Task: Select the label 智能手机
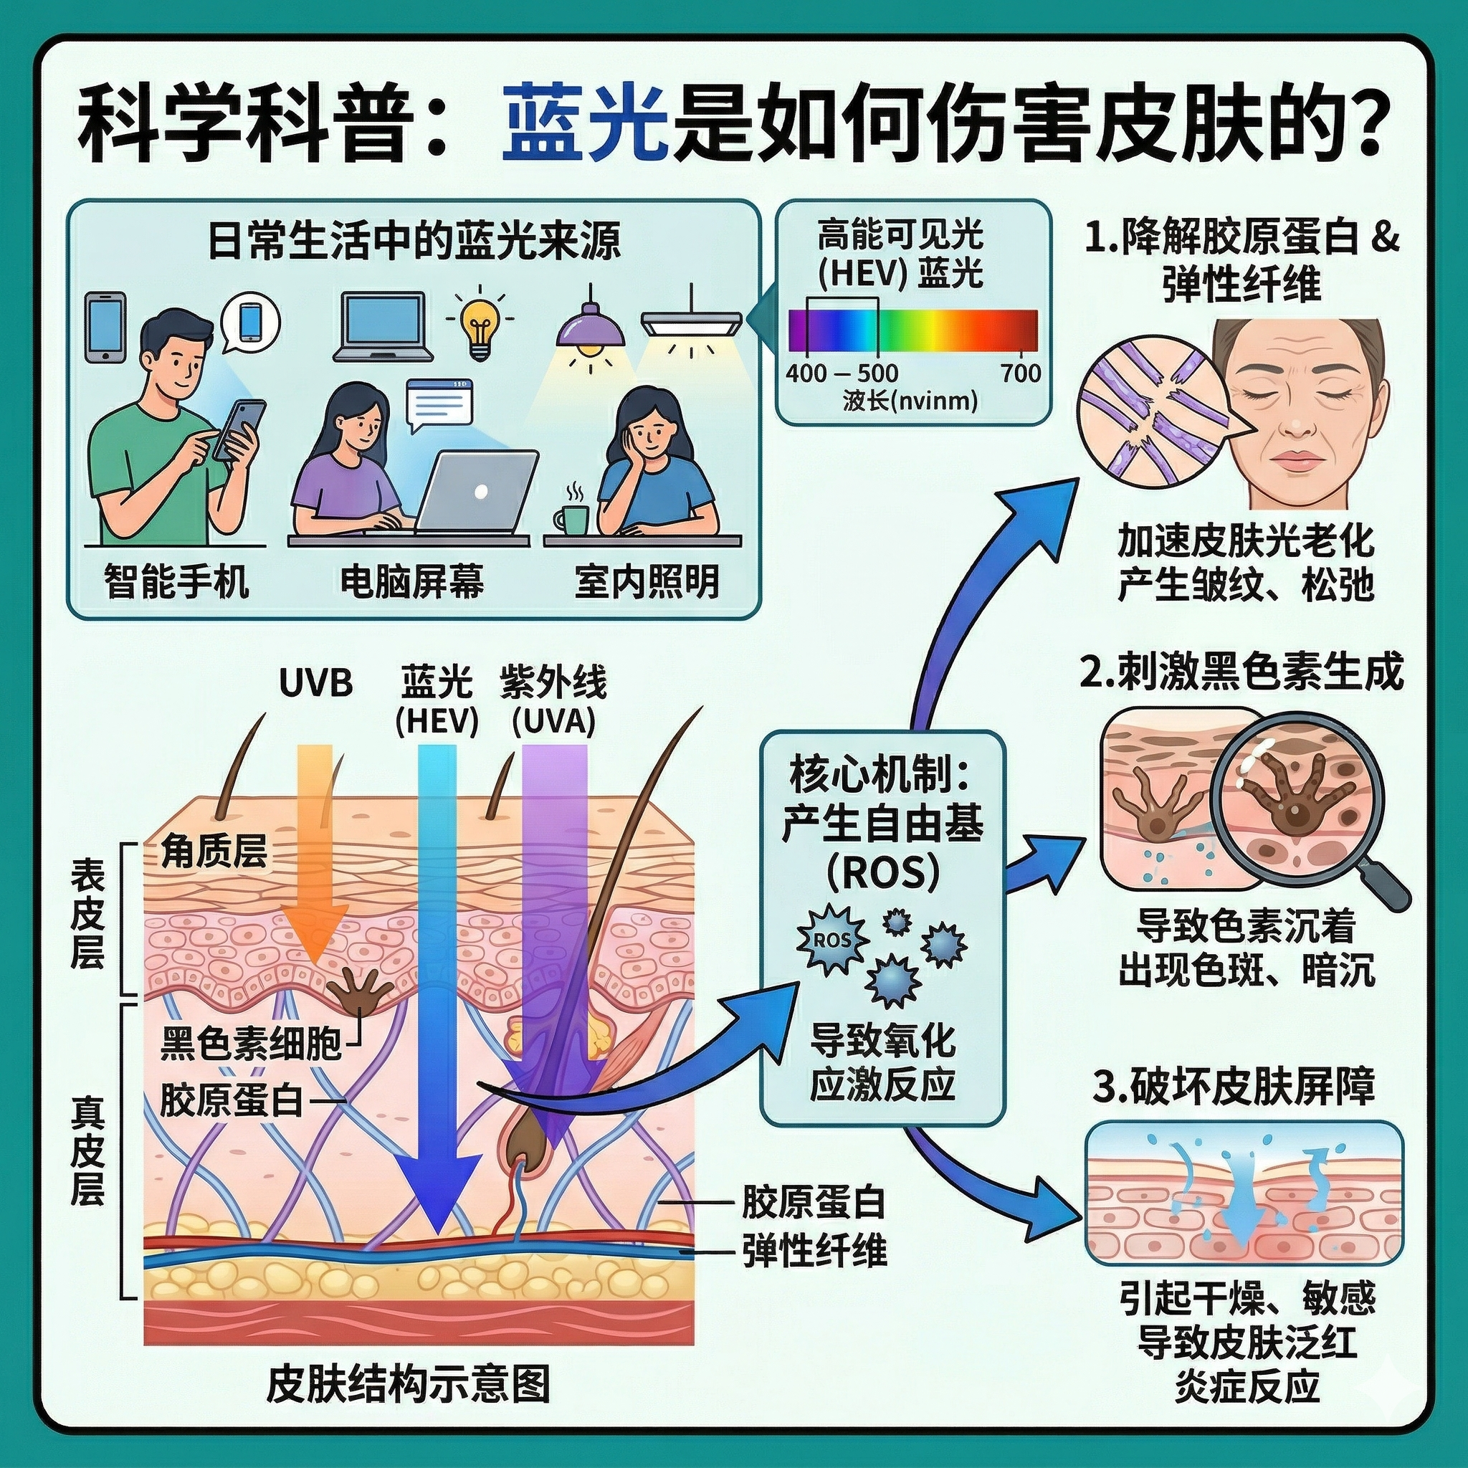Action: (x=177, y=583)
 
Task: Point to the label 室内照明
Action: (x=647, y=583)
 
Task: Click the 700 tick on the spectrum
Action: (x=1021, y=372)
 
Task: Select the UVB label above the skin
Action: (x=315, y=683)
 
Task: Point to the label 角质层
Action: (x=214, y=853)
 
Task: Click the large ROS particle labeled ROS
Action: (x=832, y=940)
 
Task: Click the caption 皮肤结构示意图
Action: (x=409, y=1383)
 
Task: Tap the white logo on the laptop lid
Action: (x=480, y=492)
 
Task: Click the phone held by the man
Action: (x=240, y=429)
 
